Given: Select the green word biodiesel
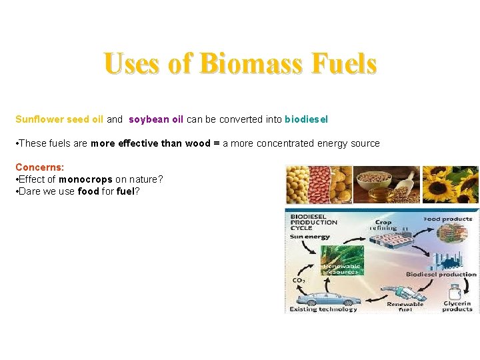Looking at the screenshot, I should tap(306, 120).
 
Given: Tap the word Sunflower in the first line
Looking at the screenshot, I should tap(37, 120).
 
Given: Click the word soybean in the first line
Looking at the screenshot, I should tap(147, 120).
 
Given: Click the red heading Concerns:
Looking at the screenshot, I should tap(39, 167).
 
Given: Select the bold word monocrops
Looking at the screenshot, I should tap(85, 179).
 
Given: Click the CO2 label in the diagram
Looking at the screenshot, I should tap(298, 281).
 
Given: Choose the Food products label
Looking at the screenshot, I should tap(448, 219).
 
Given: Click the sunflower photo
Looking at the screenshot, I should tap(450, 185).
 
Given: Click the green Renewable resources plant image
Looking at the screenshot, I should tap(341, 260).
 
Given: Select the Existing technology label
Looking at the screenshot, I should tap(323, 309).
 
